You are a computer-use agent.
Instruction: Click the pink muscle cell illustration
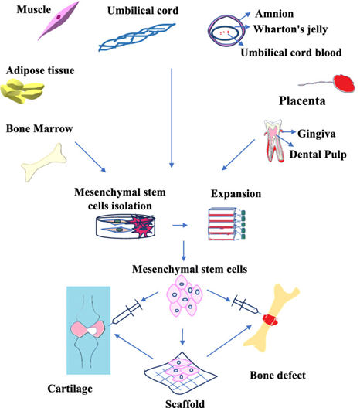coord(59,20)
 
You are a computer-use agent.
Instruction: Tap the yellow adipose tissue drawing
coord(22,92)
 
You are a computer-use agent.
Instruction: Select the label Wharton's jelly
coord(290,29)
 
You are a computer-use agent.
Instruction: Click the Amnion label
coord(274,14)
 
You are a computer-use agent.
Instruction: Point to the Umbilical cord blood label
coord(291,53)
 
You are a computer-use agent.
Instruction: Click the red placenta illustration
coord(344,83)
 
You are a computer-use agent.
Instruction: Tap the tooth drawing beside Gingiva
coord(273,141)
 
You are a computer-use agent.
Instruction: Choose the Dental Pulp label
coord(318,155)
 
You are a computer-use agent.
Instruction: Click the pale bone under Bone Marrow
coord(43,162)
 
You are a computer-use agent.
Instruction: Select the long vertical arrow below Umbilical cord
coord(172,118)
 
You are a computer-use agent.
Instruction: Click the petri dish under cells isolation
coord(126,226)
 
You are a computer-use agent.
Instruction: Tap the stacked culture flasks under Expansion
coord(227,224)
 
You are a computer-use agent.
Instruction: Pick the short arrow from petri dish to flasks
coord(180,226)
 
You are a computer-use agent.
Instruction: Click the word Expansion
coord(236,194)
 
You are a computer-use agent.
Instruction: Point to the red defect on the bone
coord(270,320)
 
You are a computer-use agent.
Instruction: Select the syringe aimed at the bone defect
coord(245,304)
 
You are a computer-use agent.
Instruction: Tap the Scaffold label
coord(185,403)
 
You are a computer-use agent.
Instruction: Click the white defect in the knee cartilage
coord(92,331)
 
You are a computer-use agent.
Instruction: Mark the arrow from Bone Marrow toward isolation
coord(90,157)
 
